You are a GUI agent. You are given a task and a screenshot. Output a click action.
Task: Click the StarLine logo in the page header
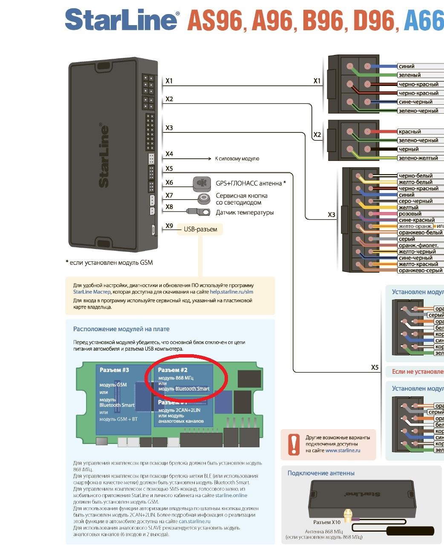coord(121,20)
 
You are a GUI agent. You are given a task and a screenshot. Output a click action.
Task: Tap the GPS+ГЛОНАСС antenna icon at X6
coord(202,183)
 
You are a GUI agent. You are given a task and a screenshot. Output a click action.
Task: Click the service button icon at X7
coord(205,198)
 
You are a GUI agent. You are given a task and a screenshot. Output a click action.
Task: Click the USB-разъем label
coord(200,229)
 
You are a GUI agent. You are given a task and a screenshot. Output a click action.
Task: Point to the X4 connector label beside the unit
coord(169,154)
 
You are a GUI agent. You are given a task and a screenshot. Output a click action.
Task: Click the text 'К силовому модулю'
coord(237,159)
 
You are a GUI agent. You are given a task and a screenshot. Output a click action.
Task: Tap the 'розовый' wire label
coord(409,214)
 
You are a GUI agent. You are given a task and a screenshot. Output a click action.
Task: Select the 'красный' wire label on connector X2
coord(409,132)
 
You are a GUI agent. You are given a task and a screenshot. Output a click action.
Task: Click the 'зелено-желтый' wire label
coord(418,158)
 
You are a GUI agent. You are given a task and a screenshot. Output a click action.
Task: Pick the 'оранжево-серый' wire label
coord(420,270)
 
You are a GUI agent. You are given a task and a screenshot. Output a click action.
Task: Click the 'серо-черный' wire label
coord(415,201)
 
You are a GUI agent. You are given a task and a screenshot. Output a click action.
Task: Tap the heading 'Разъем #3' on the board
coord(114,370)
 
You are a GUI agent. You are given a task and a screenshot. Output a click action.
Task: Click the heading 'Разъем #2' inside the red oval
coord(173,370)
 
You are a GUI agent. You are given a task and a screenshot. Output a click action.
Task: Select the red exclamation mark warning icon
coord(294,444)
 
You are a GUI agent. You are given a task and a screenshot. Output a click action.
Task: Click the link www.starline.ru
coord(343,450)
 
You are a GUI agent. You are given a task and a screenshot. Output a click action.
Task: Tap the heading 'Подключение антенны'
coord(321,473)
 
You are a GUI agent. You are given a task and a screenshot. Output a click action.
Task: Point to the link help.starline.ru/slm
coord(231,292)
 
